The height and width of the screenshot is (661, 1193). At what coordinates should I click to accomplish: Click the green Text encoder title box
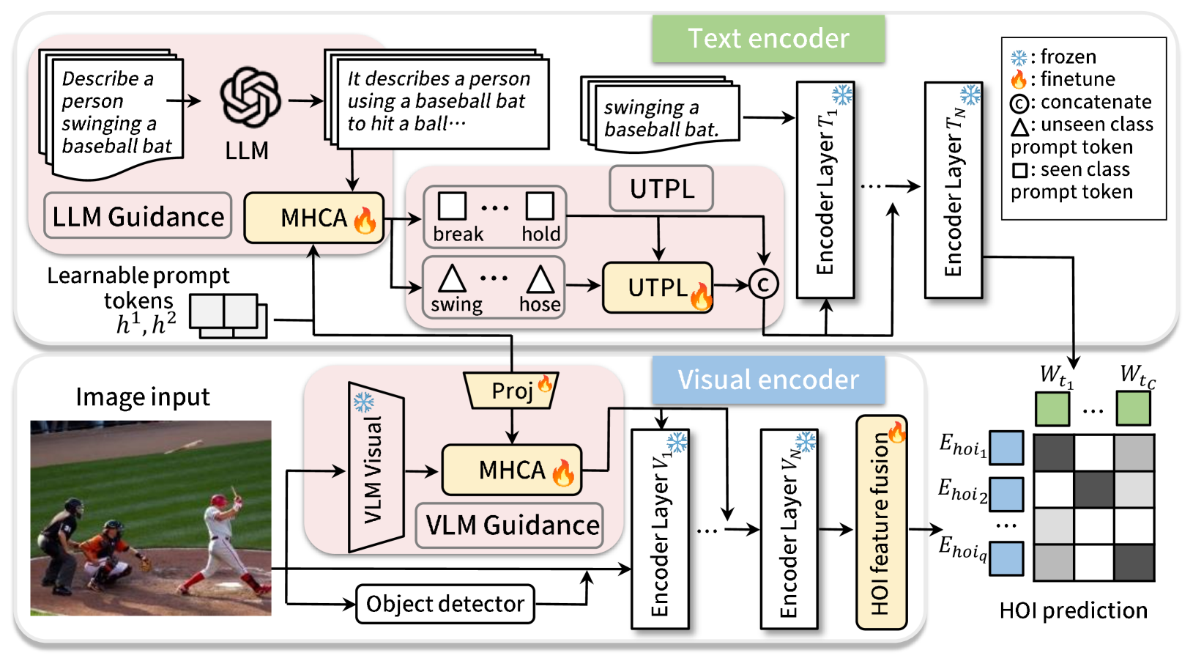tap(768, 39)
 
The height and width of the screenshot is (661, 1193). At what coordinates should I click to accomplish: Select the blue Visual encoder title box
tap(768, 380)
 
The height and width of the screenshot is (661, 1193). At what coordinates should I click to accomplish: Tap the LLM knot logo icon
tap(250, 97)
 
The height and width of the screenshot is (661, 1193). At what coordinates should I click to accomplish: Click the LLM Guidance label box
tap(138, 216)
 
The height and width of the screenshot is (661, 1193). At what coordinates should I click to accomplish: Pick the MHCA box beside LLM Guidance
tap(313, 218)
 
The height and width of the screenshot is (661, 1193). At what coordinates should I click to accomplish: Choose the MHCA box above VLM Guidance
tap(512, 470)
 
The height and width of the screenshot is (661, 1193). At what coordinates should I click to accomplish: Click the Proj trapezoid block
tap(512, 391)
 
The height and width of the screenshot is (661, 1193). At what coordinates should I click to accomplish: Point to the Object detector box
tap(445, 604)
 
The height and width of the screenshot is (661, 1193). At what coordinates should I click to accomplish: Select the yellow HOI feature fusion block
tap(881, 522)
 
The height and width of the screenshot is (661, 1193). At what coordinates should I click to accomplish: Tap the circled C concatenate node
tap(763, 284)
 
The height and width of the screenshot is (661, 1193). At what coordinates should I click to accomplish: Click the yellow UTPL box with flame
tap(658, 287)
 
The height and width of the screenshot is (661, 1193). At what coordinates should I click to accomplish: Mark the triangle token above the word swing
tap(452, 279)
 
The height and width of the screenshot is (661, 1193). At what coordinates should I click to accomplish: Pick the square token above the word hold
tap(540, 206)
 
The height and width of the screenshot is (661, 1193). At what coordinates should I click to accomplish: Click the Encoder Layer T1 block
tap(825, 191)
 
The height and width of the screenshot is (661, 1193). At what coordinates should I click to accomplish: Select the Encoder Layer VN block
tap(789, 529)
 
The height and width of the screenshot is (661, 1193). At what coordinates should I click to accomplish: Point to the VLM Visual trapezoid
tap(376, 467)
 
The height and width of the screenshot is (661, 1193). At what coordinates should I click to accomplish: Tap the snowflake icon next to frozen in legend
tap(1019, 58)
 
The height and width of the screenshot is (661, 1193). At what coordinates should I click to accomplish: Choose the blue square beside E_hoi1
tap(1006, 448)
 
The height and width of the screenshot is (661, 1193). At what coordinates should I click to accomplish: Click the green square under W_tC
tap(1133, 408)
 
